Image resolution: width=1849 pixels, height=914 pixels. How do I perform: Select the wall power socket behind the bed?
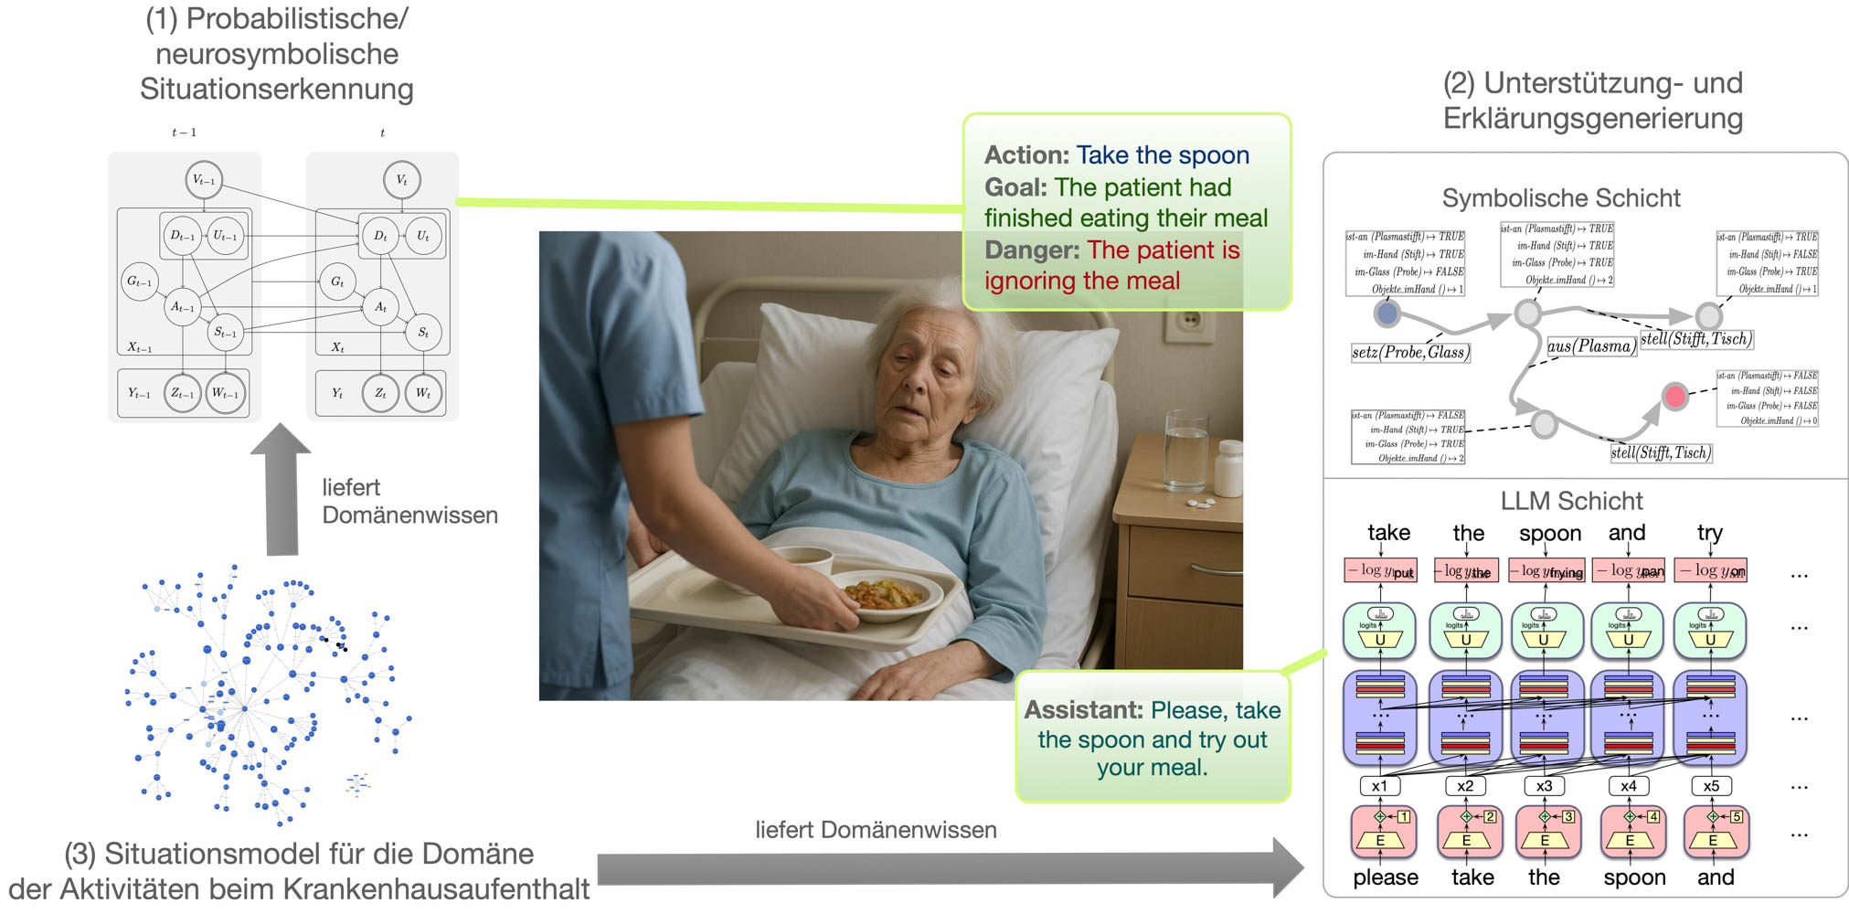point(1190,321)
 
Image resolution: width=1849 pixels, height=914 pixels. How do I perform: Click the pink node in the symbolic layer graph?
point(1674,396)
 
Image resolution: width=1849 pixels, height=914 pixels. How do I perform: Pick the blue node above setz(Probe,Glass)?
point(1387,314)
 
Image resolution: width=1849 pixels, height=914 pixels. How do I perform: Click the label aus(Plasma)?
point(1590,346)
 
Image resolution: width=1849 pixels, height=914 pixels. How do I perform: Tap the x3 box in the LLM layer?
point(1544,786)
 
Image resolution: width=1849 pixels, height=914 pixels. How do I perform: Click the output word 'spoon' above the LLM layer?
point(1549,533)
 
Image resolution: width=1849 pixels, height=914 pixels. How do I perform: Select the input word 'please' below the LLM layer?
point(1386,877)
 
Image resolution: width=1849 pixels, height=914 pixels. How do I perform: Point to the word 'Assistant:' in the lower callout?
point(1083,710)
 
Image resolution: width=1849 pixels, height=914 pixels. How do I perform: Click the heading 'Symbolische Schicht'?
point(1561,197)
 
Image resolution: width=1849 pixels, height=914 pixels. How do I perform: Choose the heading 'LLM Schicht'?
point(1571,501)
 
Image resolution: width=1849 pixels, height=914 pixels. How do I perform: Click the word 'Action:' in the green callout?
point(1025,155)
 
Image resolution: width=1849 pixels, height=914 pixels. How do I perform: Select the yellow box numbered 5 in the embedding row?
point(1737,816)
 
